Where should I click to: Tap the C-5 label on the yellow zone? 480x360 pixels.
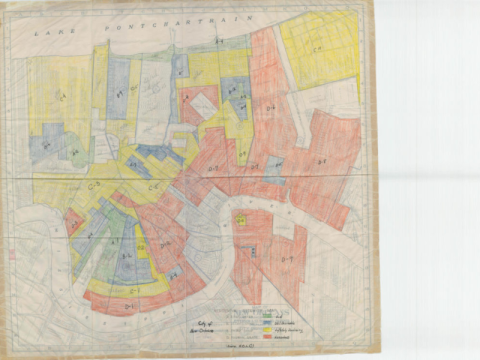pos(155,185)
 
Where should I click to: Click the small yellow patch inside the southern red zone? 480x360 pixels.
pos(241,218)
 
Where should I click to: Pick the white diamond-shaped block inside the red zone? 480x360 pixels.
pos(203,103)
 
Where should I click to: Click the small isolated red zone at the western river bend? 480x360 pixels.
pos(73,222)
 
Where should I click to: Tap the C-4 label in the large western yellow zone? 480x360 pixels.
pos(60,96)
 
